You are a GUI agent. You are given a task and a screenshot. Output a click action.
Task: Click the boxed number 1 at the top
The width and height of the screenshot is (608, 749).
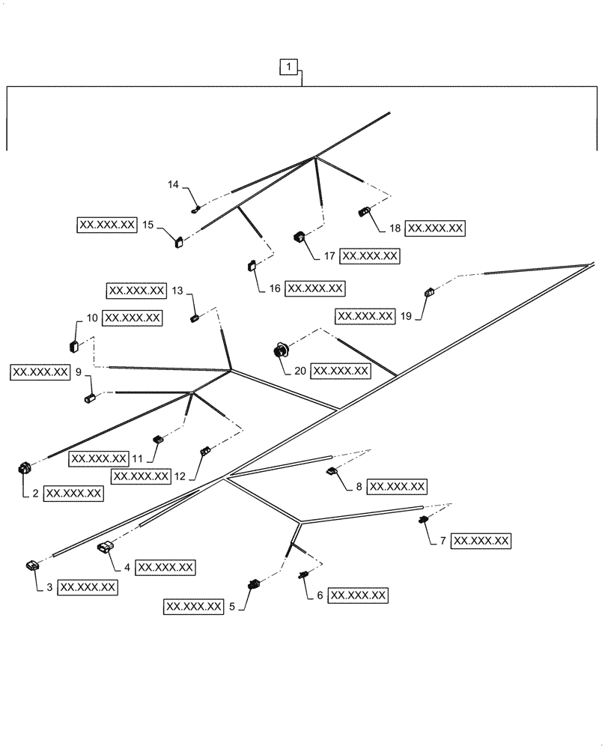[x=290, y=67]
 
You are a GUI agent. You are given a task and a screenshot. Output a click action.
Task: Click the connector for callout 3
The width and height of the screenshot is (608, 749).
[x=34, y=565]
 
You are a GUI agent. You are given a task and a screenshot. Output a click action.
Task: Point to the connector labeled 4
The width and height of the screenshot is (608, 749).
[x=105, y=550]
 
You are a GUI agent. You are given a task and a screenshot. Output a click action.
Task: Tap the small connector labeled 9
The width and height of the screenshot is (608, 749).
[x=88, y=398]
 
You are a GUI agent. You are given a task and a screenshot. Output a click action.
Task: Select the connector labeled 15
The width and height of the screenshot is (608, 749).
[x=180, y=240]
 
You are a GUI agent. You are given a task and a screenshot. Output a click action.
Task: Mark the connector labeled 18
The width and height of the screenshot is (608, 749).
[x=365, y=212]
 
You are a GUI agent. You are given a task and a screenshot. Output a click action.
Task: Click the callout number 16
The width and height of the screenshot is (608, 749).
[x=274, y=288]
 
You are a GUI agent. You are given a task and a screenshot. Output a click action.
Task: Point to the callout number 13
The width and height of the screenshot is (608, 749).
[x=177, y=290]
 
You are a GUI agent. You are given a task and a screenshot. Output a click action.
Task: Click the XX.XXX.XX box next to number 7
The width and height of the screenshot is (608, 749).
[x=481, y=540]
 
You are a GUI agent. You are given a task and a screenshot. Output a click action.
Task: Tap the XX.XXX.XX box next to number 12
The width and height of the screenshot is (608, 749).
[x=140, y=476]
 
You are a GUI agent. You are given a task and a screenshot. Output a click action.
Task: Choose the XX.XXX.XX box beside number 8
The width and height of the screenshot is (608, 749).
[x=398, y=487]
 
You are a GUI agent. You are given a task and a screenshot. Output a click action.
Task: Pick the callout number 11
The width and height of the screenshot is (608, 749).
[x=137, y=458]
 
